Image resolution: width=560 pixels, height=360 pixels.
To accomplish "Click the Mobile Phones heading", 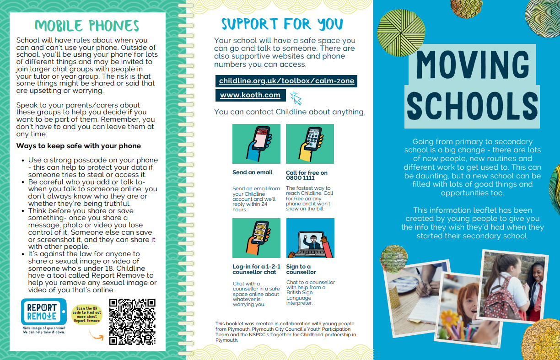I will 87,25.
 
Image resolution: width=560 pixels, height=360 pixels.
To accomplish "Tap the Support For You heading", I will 282,23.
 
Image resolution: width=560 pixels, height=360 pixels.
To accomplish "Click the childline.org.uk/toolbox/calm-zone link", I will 286,81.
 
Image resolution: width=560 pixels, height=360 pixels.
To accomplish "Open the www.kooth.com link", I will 250,95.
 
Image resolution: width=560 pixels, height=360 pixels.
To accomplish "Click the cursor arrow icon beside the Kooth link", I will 296,98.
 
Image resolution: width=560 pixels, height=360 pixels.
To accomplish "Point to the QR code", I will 132,322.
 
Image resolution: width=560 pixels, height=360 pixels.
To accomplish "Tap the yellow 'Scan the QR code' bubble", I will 87,314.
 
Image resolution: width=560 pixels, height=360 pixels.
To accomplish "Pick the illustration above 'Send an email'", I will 256,144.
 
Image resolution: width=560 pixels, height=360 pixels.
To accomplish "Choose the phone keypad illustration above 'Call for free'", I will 310,144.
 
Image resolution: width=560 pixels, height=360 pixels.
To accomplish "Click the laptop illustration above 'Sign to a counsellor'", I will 310,238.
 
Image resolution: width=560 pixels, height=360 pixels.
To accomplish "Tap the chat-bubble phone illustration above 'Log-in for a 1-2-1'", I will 256,238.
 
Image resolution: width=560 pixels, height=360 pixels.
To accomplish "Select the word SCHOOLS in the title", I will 472,105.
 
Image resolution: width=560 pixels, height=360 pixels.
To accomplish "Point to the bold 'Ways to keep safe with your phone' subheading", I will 78,146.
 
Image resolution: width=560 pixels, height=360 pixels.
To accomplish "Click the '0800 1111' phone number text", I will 300,177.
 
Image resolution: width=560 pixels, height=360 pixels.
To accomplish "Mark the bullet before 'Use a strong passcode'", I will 23,161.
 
